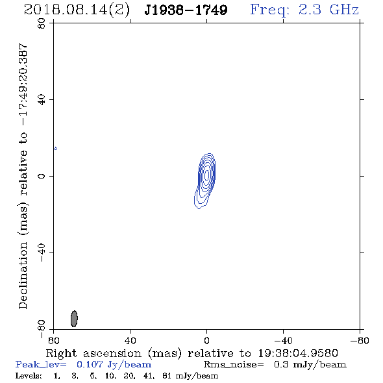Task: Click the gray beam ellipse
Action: (74, 319)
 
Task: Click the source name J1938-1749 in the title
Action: (186, 10)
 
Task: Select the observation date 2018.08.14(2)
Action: (77, 10)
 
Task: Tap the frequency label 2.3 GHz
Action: (328, 10)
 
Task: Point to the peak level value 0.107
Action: (90, 364)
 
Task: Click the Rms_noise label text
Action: (234, 365)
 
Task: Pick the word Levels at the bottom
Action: (29, 376)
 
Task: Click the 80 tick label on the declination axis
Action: (42, 23)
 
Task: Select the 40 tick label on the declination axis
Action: (42, 100)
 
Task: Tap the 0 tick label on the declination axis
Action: (42, 176)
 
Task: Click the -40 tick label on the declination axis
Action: (42, 253)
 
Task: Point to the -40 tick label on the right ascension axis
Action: (283, 341)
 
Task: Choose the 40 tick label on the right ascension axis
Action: (130, 341)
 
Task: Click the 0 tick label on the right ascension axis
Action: (206, 341)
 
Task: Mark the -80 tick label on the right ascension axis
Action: (360, 341)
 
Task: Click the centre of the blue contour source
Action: (206, 175)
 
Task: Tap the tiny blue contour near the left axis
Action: (55, 148)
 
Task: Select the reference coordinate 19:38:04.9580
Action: (298, 353)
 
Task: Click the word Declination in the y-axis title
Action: (23, 276)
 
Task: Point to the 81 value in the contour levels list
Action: (167, 376)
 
